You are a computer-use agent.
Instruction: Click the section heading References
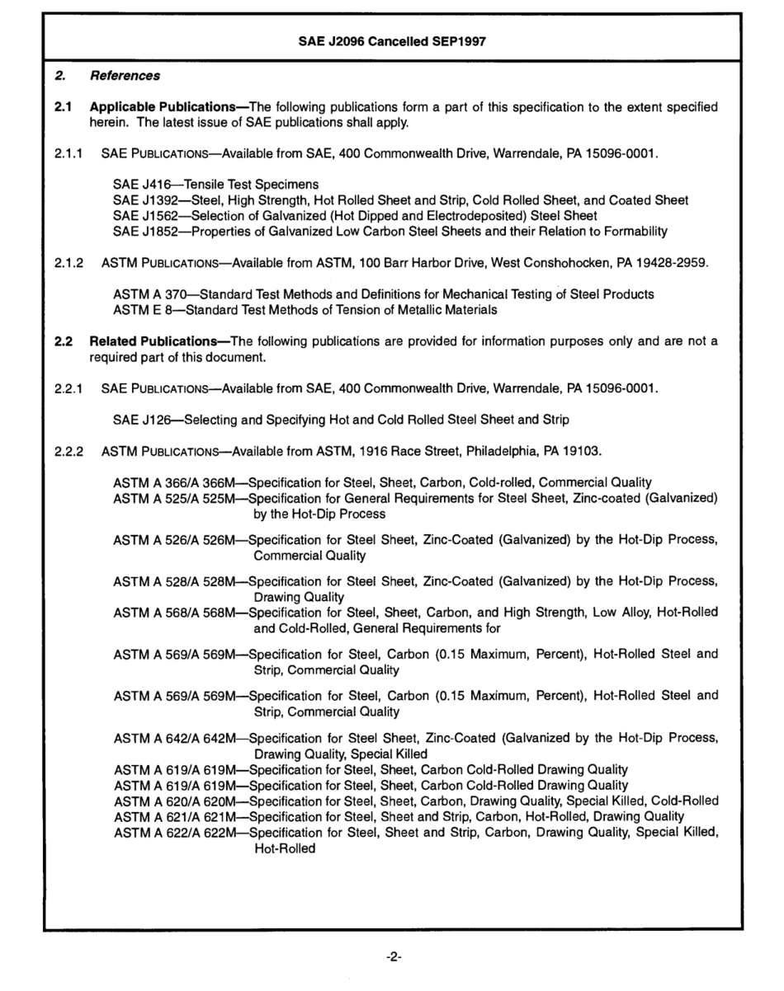point(125,76)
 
